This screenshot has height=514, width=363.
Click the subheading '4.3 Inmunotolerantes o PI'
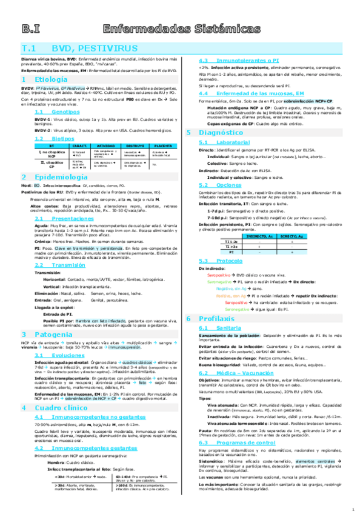click(233, 61)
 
